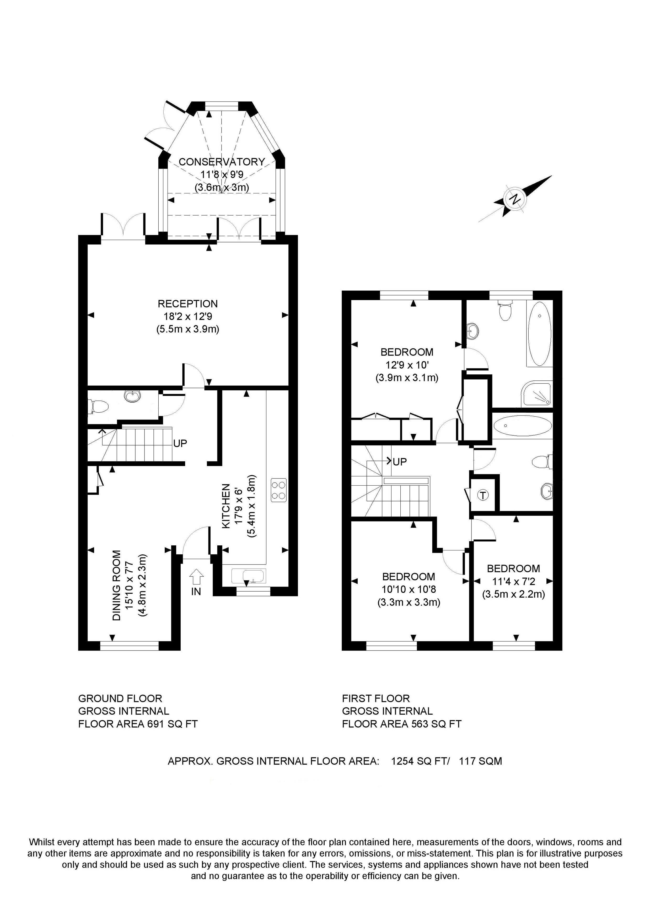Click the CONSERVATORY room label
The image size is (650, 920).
pos(222,162)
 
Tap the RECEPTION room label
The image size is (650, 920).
pos(187,304)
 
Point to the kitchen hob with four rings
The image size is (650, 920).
pos(279,490)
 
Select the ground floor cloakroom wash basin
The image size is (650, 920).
pos(132,396)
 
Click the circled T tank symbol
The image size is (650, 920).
pos(484,496)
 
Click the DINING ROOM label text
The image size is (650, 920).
pos(116,586)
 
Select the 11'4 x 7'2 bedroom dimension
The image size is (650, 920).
pos(513,581)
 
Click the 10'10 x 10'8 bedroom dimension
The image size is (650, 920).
pos(409,589)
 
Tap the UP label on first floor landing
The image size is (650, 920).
pos(400,462)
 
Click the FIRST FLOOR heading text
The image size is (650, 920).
pos(376,698)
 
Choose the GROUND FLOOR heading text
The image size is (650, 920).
pos(120,698)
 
